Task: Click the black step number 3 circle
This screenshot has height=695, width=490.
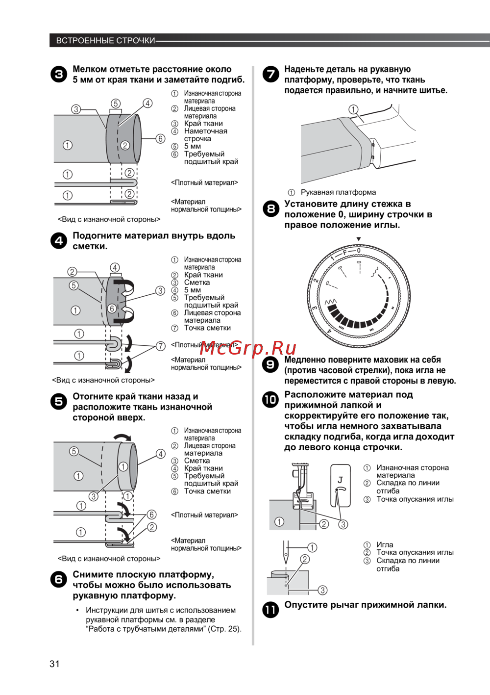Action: point(59,75)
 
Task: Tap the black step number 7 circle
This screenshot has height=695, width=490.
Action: point(270,75)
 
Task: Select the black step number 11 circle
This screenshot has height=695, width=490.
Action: point(270,610)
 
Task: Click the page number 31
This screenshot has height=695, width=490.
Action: point(54,664)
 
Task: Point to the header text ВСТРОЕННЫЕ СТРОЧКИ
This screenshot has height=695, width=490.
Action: point(105,41)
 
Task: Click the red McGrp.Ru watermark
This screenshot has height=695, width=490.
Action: point(248,348)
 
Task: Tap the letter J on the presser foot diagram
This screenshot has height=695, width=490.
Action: point(340,480)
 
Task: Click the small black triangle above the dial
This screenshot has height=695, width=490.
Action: point(359,239)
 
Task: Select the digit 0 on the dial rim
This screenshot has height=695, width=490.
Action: point(359,251)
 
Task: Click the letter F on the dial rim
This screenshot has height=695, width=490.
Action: point(344,253)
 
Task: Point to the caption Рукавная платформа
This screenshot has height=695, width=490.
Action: point(338,192)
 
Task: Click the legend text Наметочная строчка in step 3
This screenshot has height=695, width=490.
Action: point(205,135)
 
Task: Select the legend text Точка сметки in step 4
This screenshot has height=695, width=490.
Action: point(207,328)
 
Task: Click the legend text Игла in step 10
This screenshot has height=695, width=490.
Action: point(385,545)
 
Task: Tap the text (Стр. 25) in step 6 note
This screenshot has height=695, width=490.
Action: point(224,629)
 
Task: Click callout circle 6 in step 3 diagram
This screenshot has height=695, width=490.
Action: point(160,139)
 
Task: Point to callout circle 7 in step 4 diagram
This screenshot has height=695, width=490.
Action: point(160,346)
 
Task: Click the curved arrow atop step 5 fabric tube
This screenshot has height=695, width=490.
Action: point(122,438)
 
